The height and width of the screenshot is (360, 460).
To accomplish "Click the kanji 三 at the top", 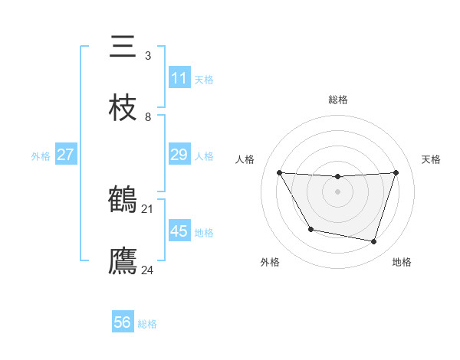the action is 123,47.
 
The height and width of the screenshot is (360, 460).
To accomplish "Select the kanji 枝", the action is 123,106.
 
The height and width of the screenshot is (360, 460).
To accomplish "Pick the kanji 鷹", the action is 123,260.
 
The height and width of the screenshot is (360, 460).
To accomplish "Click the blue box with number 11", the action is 179,78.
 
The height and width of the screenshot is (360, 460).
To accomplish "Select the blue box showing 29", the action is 179,155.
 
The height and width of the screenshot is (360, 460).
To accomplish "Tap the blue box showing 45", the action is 179,231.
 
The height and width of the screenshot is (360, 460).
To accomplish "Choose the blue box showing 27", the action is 66,155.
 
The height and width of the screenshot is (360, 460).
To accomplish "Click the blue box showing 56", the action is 123,322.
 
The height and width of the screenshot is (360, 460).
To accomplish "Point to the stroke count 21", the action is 148,208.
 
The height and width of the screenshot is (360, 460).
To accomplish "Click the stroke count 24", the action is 148,270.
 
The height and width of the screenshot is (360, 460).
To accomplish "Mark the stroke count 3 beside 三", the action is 148,56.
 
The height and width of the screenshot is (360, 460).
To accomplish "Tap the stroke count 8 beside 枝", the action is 148,116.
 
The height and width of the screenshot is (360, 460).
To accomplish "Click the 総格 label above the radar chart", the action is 338,100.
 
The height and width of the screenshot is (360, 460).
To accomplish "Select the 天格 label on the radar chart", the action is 432,159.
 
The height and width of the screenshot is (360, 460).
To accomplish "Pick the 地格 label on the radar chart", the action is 402,262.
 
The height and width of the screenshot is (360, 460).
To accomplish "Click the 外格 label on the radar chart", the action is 270,262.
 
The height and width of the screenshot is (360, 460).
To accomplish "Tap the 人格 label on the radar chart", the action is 245,159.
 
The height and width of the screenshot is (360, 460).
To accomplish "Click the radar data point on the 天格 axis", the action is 396,173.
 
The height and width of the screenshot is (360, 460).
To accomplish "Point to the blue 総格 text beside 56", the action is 147,324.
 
